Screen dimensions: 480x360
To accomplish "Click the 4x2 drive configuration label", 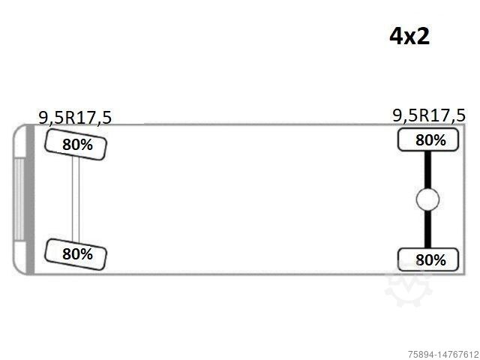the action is click(409, 37).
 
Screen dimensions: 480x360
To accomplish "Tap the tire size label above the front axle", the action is click(75, 118).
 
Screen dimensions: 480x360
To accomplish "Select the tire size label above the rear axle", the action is click(428, 115).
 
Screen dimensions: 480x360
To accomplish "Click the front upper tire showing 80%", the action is click(76, 145).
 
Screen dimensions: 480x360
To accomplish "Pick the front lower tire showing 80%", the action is click(76, 254).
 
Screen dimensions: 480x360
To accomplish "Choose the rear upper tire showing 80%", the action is click(428, 140).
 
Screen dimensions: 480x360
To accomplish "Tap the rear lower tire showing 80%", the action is click(428, 259).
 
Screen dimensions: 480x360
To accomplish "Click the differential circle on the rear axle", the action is click(427, 199).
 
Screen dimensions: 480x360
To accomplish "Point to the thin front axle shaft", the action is click(76, 199).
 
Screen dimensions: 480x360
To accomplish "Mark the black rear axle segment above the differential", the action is click(427, 170).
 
